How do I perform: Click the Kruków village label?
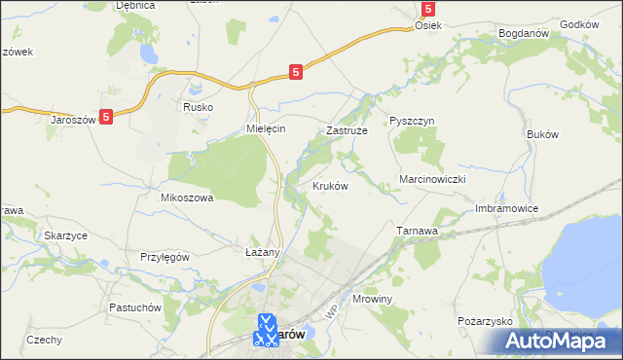pos(330,186)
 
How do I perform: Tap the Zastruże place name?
pos(345,129)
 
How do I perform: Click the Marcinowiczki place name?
pos(434,180)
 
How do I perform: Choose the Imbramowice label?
pos(506,209)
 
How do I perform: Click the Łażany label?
pos(262,252)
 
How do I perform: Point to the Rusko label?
pos(198,108)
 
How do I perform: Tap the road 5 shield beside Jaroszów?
pos(106,116)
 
